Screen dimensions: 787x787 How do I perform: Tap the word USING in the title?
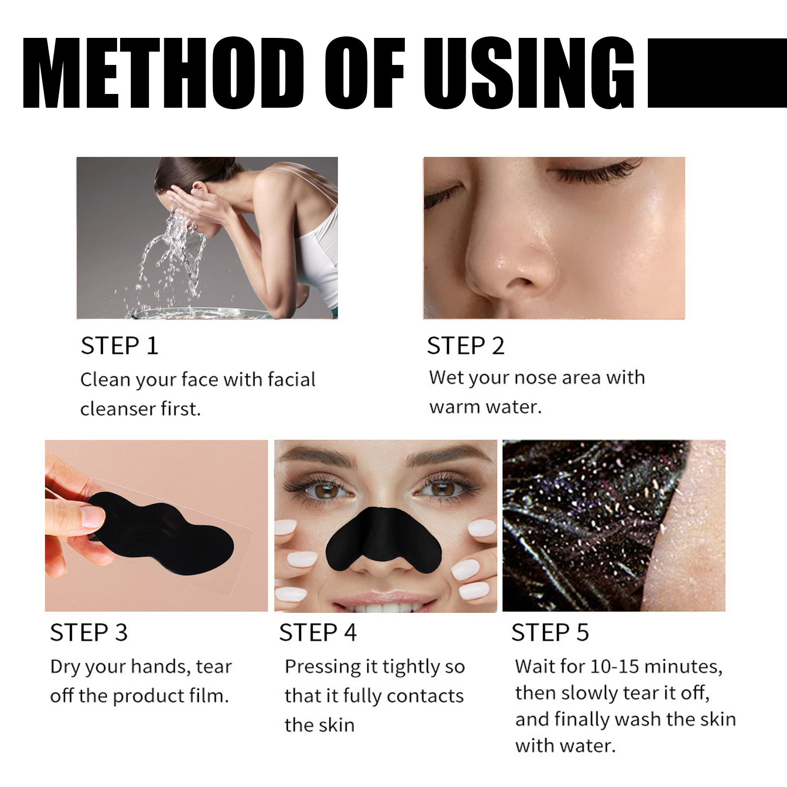point(529,73)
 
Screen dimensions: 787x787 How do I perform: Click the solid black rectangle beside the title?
point(717,73)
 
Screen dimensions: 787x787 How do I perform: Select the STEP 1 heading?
point(120,346)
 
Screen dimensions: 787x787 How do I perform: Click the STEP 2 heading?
point(465,346)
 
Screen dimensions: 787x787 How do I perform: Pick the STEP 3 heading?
point(89,633)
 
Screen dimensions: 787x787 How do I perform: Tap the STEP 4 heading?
point(318,633)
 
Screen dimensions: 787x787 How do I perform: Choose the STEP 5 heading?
point(550,633)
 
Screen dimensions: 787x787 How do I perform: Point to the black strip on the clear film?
point(162,534)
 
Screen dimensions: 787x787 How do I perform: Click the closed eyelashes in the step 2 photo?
point(595,172)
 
